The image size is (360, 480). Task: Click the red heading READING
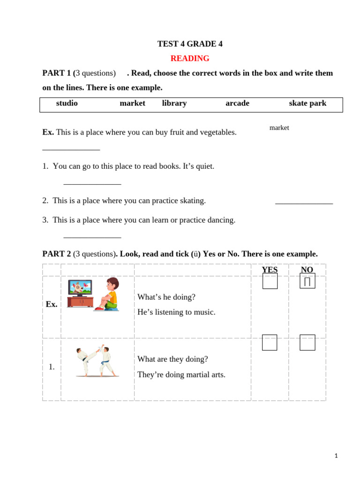(x=190, y=59)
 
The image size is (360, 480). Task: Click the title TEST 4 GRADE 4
(x=190, y=44)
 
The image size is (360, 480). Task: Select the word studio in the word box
(x=67, y=103)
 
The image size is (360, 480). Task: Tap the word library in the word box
(x=174, y=103)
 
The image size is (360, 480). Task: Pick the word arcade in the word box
(x=237, y=103)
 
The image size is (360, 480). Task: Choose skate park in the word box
(x=307, y=103)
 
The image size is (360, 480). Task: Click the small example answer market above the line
(x=279, y=128)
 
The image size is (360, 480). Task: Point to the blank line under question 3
(x=92, y=238)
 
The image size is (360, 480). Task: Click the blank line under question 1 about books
(x=92, y=184)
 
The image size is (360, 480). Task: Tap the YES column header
(x=270, y=270)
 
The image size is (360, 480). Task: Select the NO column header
(x=307, y=270)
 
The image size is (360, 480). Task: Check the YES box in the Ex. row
(x=270, y=281)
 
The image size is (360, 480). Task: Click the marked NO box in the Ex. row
(x=307, y=281)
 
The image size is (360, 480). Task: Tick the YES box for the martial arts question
(x=270, y=343)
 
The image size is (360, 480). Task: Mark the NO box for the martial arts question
(x=307, y=343)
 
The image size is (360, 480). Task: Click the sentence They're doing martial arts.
(x=181, y=375)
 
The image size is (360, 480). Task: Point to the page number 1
(x=336, y=456)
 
